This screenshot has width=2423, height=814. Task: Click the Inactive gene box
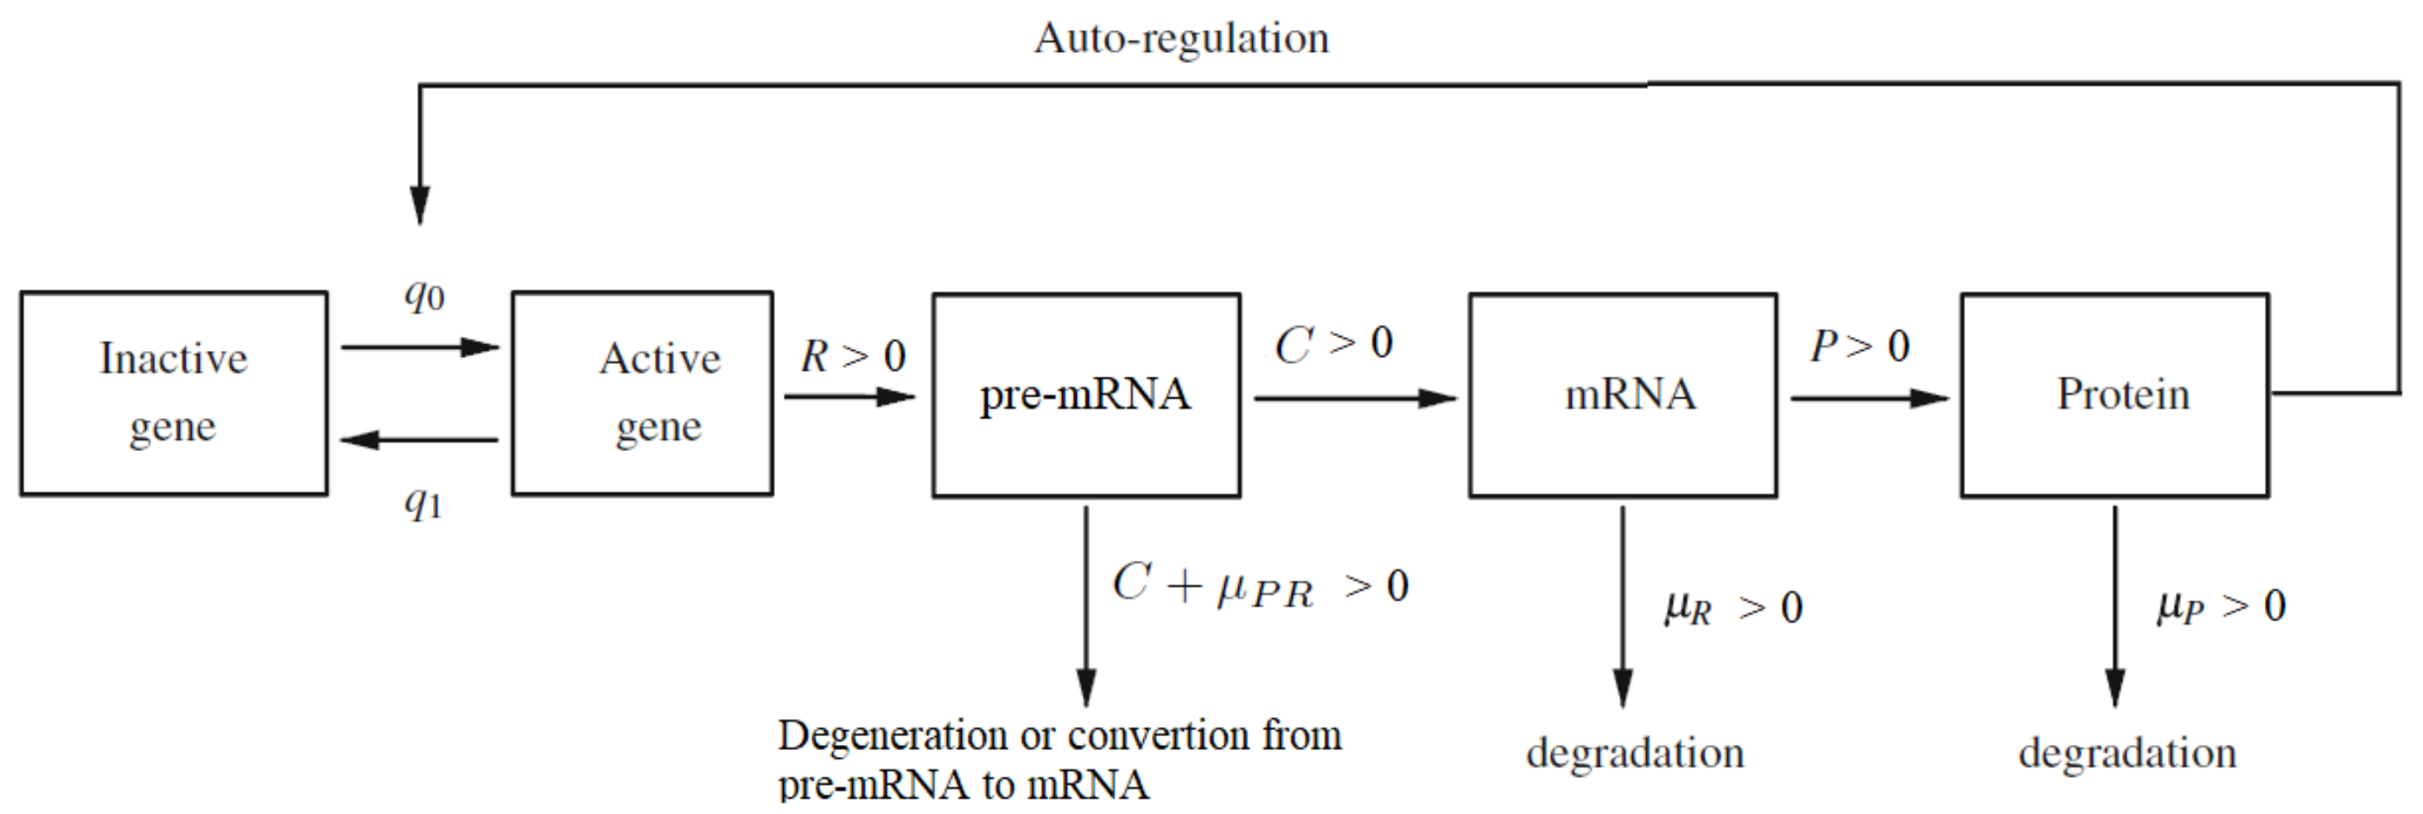click(174, 393)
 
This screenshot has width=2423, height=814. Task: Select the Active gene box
click(642, 393)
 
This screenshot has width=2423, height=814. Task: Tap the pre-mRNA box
click(1086, 395)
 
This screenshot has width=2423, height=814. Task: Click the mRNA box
click(1623, 395)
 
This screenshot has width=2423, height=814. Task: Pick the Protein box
click(2115, 395)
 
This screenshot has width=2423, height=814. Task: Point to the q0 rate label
click(423, 296)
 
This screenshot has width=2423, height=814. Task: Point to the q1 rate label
click(423, 503)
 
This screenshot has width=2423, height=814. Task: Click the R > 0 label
click(852, 357)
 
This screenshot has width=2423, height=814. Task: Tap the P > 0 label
click(1860, 347)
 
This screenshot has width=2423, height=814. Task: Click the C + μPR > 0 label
click(1260, 586)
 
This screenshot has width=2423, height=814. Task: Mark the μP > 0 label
click(2221, 606)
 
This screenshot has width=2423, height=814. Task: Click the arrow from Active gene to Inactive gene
click(418, 440)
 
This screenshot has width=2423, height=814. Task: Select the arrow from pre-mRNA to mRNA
click(1354, 398)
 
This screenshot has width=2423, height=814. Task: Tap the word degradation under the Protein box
click(2127, 754)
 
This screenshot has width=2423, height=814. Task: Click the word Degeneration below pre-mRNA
click(892, 736)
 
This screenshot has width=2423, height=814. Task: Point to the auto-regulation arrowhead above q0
click(419, 205)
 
